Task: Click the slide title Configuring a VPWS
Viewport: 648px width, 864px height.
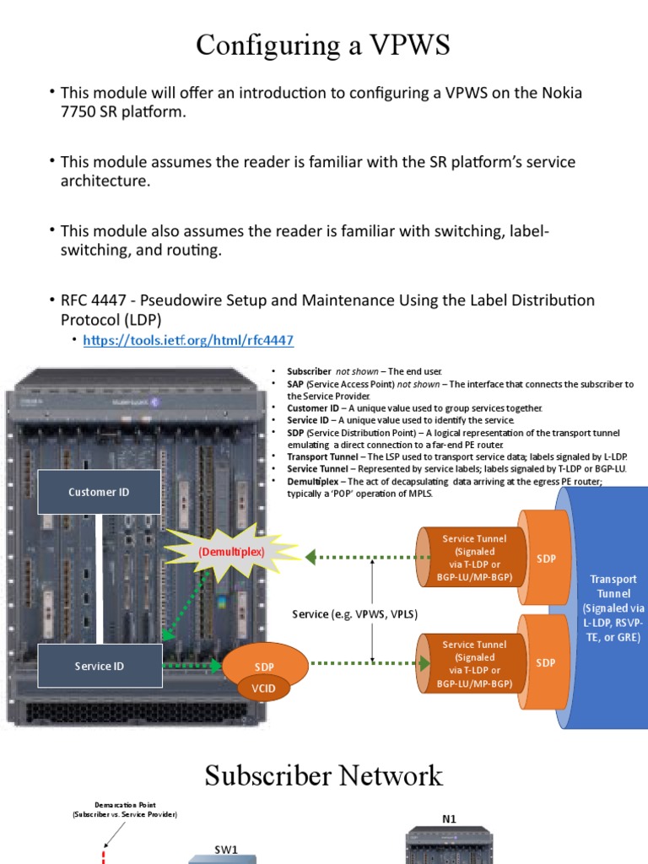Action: point(323,44)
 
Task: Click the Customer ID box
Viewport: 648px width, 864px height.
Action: point(99,492)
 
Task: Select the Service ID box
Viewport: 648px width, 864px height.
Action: point(99,666)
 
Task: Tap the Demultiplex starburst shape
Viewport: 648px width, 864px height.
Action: point(231,552)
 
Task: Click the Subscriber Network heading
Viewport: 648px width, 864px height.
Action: point(323,775)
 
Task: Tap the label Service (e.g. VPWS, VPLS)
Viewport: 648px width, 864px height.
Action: point(355,614)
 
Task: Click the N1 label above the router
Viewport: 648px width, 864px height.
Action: point(449,819)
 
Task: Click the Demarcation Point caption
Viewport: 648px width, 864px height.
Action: point(124,810)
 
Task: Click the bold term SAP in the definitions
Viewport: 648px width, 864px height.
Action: point(296,384)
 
